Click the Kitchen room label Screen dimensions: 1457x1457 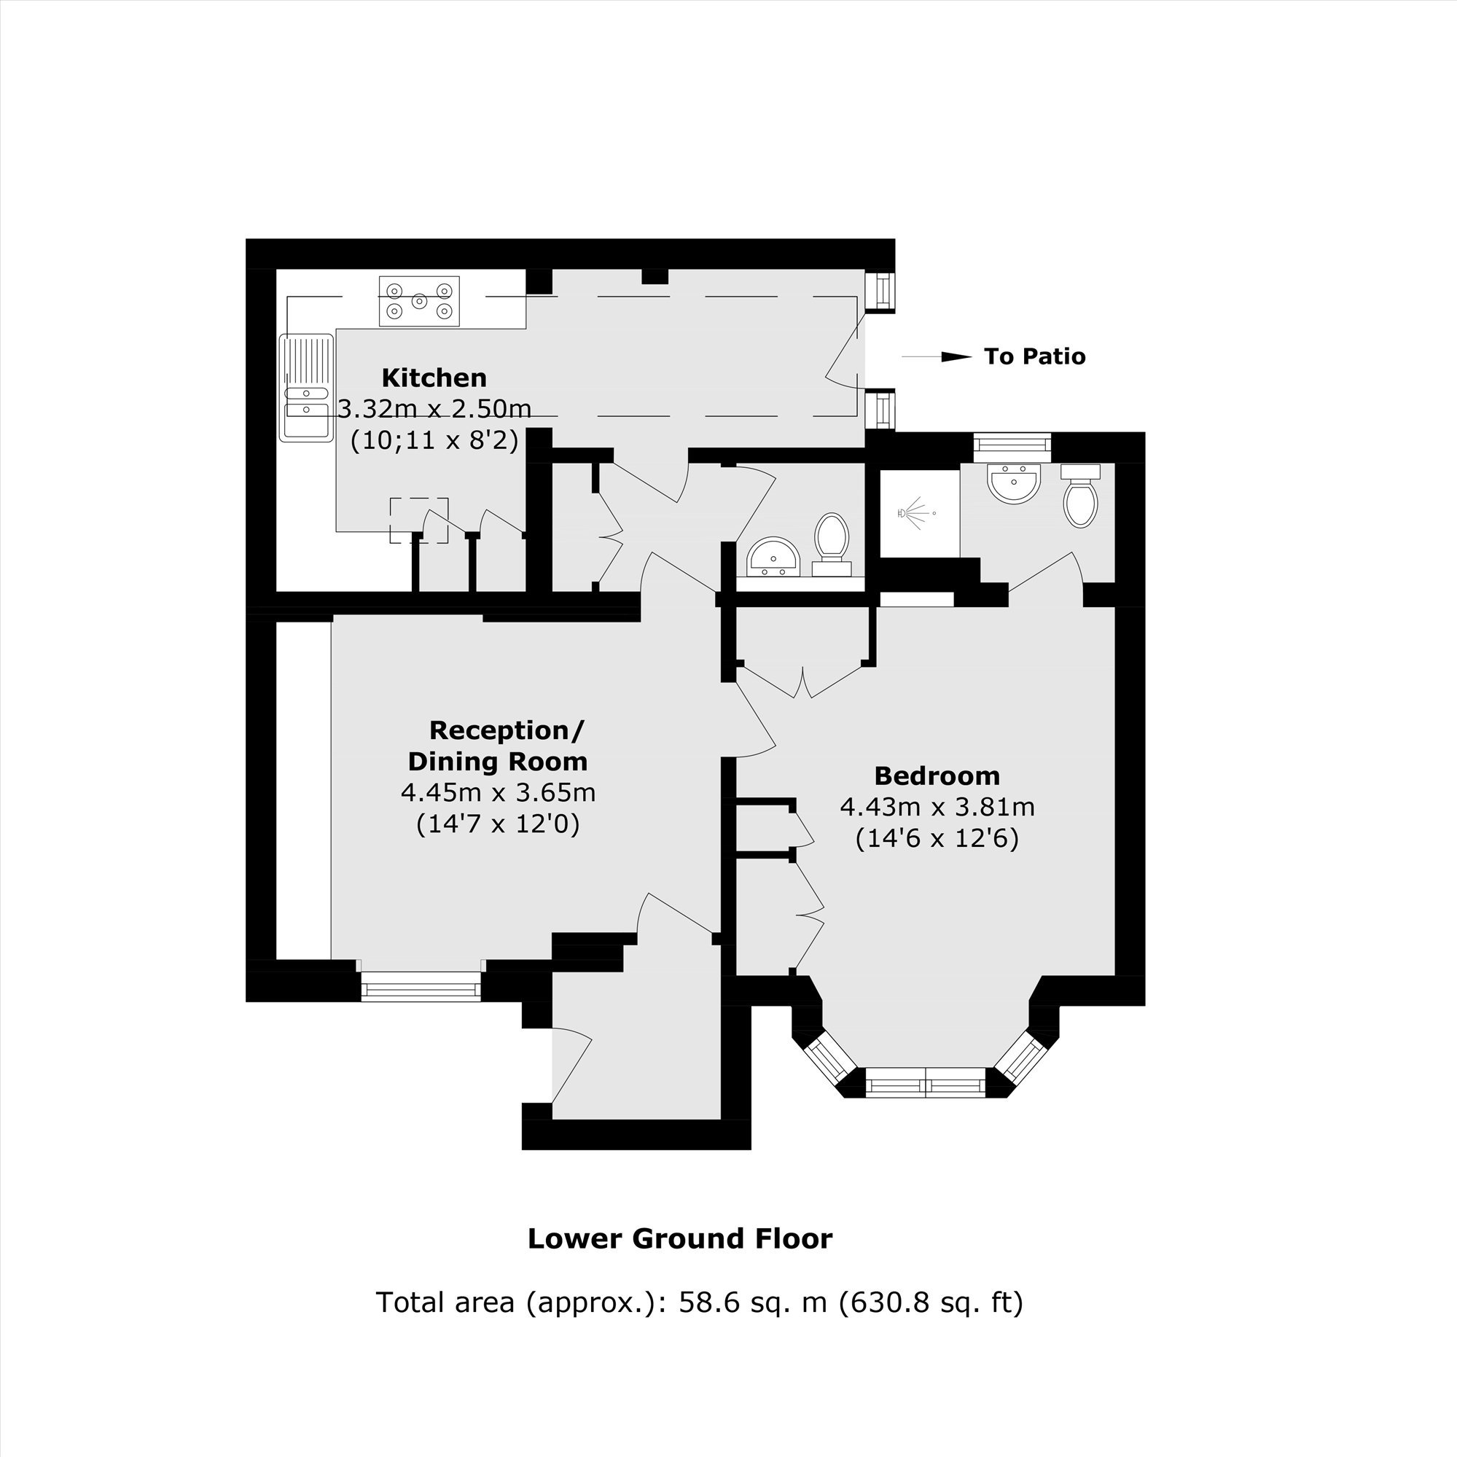tap(434, 377)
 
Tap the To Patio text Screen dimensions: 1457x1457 tap(1035, 356)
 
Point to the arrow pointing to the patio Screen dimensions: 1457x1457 tap(937, 356)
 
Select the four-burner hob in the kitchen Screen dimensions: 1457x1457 tap(419, 301)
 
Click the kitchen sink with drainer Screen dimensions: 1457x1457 tap(307, 387)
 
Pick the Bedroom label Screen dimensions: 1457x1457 tap(937, 776)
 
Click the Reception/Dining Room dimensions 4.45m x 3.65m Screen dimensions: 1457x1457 tap(498, 792)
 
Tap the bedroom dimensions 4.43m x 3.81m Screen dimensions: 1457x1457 tap(937, 807)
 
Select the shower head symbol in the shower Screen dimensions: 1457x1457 tap(915, 513)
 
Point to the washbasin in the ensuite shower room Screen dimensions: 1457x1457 tap(1015, 483)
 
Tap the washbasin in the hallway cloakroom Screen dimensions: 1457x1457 tap(774, 557)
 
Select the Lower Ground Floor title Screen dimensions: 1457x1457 tap(679, 1238)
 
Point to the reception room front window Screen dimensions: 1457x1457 tap(421, 985)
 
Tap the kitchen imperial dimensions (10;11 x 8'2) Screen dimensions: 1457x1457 tap(434, 440)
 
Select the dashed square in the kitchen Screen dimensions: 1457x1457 tap(418, 520)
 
